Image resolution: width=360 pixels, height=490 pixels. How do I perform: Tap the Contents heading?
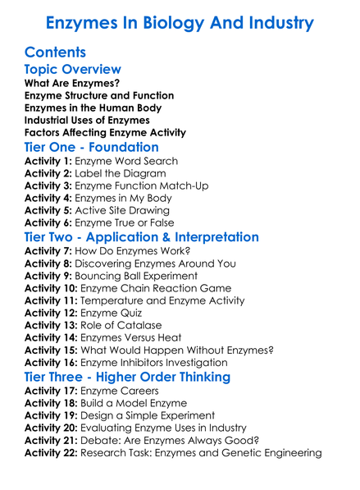point(56,53)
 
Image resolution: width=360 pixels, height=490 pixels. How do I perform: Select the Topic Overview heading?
point(73,70)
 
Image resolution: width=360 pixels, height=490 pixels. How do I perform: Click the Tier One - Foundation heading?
point(92,147)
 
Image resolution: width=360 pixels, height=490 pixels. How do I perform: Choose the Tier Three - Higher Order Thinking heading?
point(127,377)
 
